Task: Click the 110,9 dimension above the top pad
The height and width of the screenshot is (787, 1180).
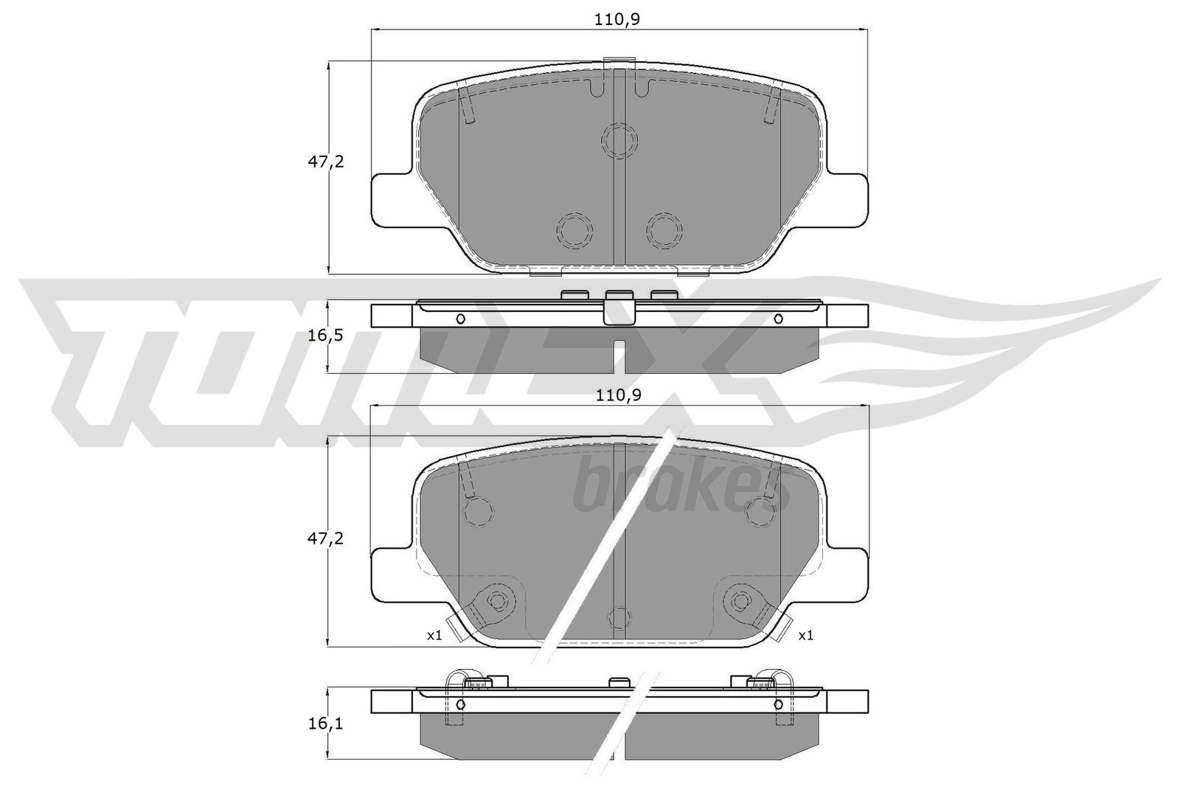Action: [x=618, y=20]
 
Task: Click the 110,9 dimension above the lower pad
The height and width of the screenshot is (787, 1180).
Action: [x=618, y=395]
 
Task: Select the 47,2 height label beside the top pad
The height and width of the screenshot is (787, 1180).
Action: [x=325, y=162]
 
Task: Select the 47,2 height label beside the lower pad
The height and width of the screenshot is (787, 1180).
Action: [x=325, y=538]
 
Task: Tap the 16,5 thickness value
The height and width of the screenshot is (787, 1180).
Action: [x=325, y=336]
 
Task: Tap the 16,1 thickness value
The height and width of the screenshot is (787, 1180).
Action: [x=325, y=724]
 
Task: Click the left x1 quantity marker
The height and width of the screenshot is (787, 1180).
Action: [x=434, y=635]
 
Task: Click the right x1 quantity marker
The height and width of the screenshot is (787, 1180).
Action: [x=805, y=635]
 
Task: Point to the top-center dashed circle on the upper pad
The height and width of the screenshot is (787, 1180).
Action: [x=619, y=139]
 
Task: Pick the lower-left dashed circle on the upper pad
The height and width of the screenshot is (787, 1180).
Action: [x=574, y=232]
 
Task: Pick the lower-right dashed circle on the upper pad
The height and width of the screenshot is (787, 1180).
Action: [x=664, y=232]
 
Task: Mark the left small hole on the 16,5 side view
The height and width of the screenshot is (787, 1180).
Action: [x=460, y=319]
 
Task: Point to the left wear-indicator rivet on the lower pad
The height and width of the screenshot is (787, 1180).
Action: [x=496, y=601]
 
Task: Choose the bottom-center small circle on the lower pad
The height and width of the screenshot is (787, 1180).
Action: [x=619, y=617]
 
